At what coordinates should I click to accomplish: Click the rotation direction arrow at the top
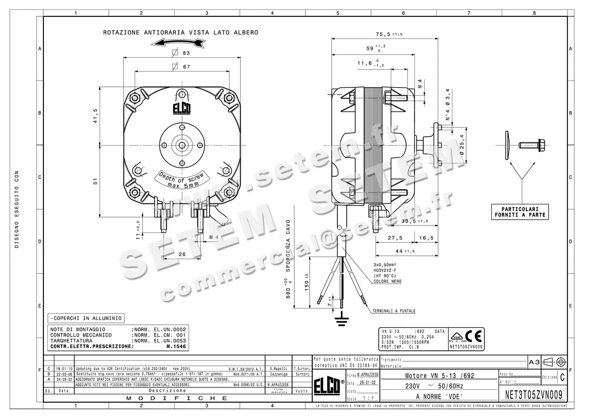point(178,43)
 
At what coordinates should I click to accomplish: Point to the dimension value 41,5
point(95,117)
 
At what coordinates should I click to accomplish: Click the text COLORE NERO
point(387,281)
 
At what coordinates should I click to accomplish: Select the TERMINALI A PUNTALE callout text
point(394,311)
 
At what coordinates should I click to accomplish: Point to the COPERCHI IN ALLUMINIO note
point(84,318)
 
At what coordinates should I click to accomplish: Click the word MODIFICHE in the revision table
point(177,398)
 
